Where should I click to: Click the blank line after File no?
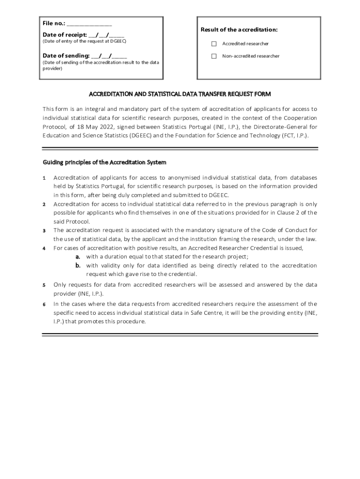point(89,23)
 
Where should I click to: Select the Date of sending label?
point(66,56)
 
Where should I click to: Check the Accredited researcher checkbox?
point(214,44)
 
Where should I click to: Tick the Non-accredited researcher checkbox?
point(214,56)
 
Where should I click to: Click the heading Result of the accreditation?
point(239,30)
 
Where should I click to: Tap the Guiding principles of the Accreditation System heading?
point(104,163)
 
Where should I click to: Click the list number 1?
point(44,178)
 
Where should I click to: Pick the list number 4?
point(44,248)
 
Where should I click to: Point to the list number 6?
point(44,305)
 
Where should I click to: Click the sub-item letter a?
point(78,257)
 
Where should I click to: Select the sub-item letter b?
point(78,266)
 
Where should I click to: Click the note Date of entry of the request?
point(84,41)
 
